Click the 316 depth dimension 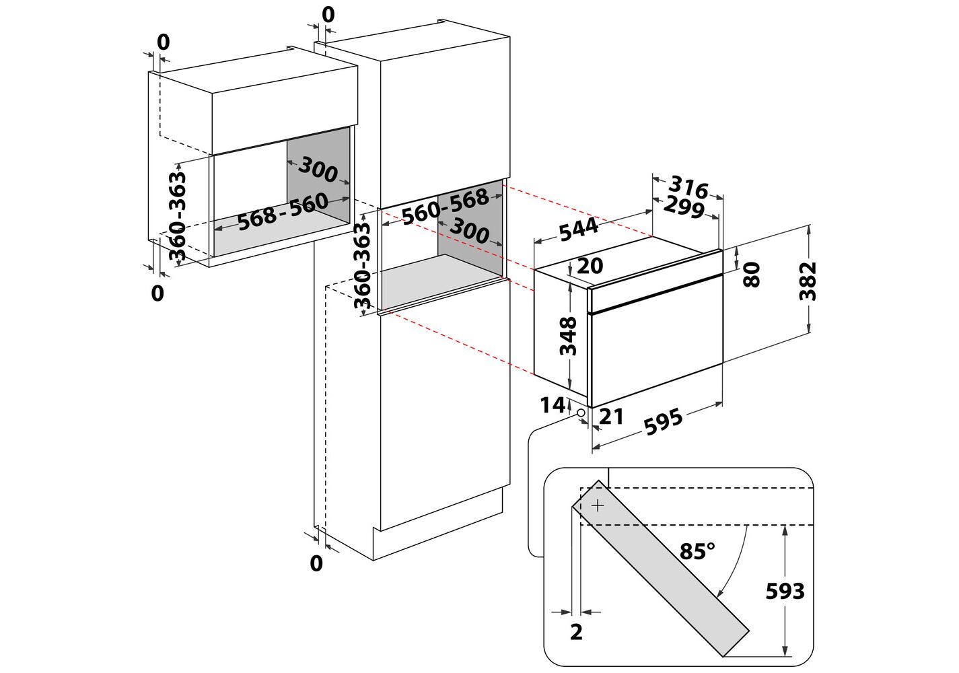[688, 187]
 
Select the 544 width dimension [578, 229]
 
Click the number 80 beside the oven [752, 275]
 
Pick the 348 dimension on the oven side [569, 336]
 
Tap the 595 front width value [664, 422]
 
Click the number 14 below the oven [553, 405]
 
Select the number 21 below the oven [611, 417]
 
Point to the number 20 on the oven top [590, 266]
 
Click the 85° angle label [697, 552]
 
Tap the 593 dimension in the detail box [785, 591]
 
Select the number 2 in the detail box [576, 632]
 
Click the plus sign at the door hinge [597, 505]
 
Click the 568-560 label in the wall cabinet [283, 211]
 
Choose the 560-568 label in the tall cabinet [445, 206]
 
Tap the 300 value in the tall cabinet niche [469, 231]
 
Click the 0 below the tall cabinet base [316, 563]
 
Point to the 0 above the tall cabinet [328, 15]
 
